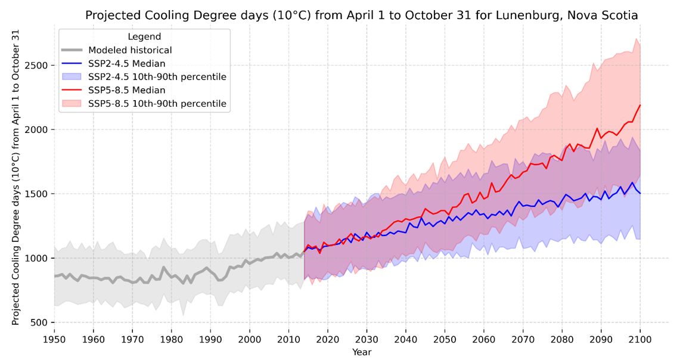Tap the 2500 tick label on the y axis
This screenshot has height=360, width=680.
coord(38,65)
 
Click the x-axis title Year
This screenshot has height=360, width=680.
coord(361,352)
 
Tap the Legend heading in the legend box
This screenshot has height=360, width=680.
coord(144,37)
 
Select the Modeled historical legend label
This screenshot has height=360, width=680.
coord(130,50)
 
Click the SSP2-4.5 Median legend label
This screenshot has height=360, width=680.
coord(127,64)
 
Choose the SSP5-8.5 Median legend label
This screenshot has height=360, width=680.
coord(127,90)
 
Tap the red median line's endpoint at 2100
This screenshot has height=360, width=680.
coord(640,105)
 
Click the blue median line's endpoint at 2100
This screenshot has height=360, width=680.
coord(640,193)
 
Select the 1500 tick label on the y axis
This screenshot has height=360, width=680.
coord(38,194)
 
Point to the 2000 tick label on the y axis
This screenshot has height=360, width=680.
coord(38,129)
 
